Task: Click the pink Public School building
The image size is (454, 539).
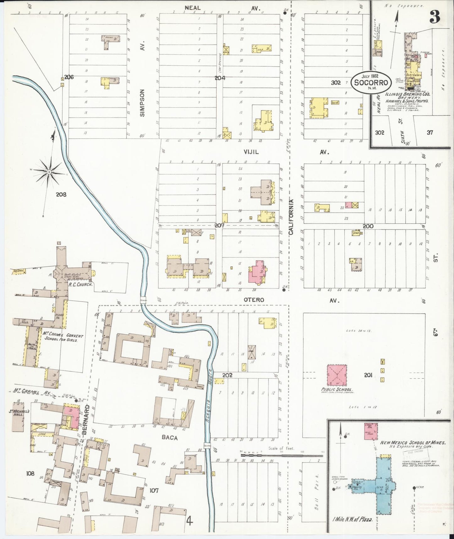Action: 337,375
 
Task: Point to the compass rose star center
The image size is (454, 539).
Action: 49,172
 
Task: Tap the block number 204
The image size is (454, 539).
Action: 220,78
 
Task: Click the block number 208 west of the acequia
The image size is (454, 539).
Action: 61,194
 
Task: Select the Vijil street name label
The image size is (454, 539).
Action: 252,152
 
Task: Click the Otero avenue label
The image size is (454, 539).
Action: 254,300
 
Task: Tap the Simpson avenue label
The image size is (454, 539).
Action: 142,103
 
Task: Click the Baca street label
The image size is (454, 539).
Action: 170,437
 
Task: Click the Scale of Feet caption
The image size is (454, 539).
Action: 281,448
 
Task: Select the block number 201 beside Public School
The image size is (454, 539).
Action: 368,375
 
